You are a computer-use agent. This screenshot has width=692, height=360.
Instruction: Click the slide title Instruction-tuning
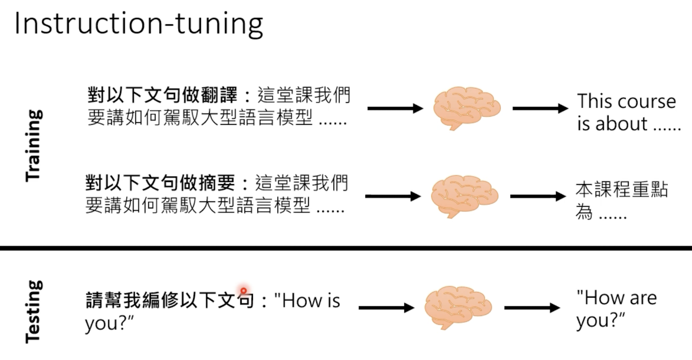click(x=139, y=24)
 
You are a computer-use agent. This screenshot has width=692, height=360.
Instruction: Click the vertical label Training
click(x=33, y=145)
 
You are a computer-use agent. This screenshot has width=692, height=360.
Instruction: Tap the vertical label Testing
click(x=33, y=311)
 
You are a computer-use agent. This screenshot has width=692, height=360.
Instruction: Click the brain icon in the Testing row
click(x=458, y=307)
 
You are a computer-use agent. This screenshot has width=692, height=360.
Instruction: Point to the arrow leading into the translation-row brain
click(x=395, y=108)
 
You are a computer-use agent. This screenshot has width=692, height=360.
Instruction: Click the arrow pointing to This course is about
click(x=540, y=108)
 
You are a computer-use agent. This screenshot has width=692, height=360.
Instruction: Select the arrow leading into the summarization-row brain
click(x=393, y=196)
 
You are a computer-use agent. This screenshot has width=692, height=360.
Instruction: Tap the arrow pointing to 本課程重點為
click(x=538, y=196)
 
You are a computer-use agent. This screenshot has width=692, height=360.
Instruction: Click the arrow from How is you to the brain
click(x=386, y=307)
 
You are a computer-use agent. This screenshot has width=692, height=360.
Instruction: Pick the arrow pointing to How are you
click(x=532, y=307)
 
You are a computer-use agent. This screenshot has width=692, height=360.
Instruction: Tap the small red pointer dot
click(x=243, y=291)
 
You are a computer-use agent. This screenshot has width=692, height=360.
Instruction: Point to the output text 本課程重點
click(x=622, y=190)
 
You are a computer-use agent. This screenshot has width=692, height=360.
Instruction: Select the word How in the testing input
click(x=300, y=301)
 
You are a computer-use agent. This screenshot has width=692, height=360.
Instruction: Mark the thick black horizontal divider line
click(x=346, y=248)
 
